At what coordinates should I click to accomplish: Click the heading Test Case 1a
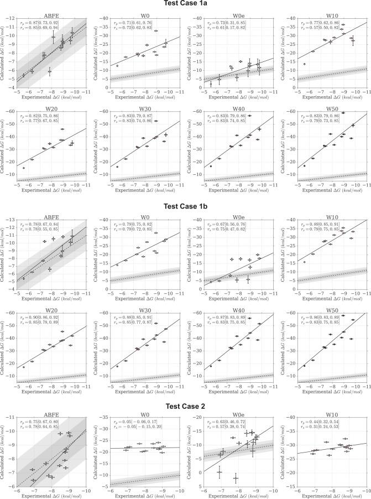(x=186, y=4)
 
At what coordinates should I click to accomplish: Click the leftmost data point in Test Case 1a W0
(x=117, y=66)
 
